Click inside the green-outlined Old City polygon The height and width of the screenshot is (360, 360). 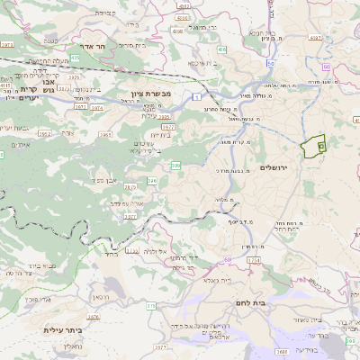(314, 147)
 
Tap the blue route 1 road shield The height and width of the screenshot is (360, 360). (196, 94)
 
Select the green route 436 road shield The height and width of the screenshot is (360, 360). (176, 166)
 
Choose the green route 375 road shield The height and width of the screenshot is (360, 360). (151, 307)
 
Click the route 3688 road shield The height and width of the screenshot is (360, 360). (282, 352)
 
